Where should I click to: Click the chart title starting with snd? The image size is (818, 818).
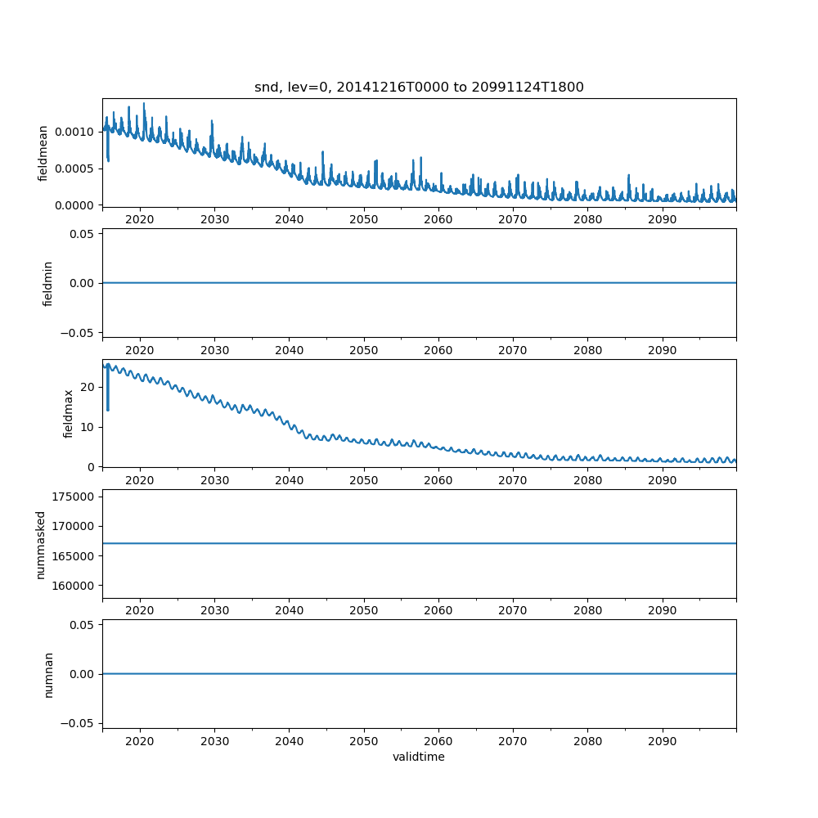click(419, 88)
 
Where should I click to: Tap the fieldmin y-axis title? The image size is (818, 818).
click(47, 283)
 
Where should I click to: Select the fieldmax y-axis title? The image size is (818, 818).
click(69, 413)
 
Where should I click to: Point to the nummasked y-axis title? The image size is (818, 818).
click(40, 544)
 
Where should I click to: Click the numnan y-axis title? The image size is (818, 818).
click(47, 674)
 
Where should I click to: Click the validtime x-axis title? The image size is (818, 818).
click(419, 757)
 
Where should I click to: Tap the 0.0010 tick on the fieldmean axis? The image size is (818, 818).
click(74, 132)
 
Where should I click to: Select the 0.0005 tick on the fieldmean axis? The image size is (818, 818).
click(74, 169)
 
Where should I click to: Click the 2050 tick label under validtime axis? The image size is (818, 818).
click(364, 742)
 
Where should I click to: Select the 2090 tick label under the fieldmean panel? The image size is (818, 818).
click(662, 221)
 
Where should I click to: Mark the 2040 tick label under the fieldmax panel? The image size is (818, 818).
click(290, 481)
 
